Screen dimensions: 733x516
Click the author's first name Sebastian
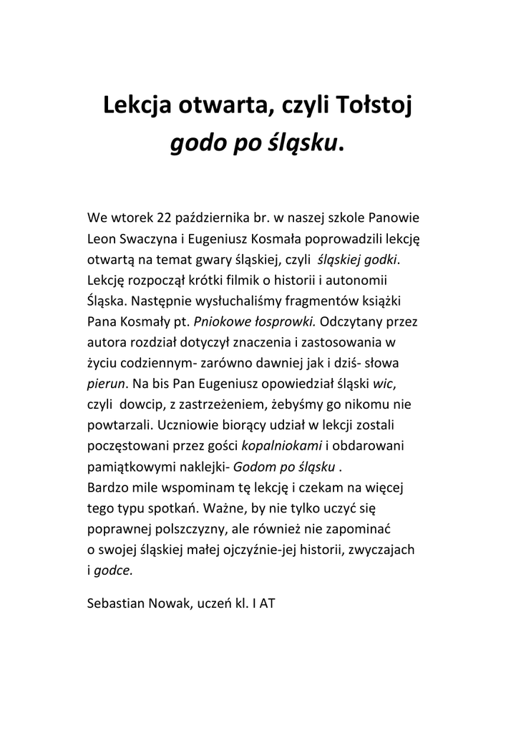[x=116, y=603]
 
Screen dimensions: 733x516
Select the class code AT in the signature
[x=267, y=603]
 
